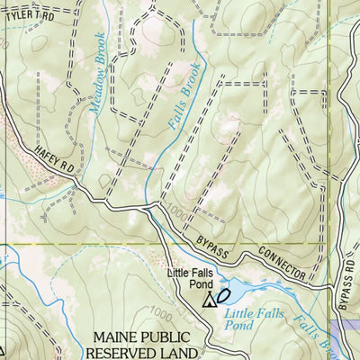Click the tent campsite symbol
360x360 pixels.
[211, 300]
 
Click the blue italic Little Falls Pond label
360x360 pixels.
[253, 319]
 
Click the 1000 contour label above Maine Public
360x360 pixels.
[159, 315]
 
